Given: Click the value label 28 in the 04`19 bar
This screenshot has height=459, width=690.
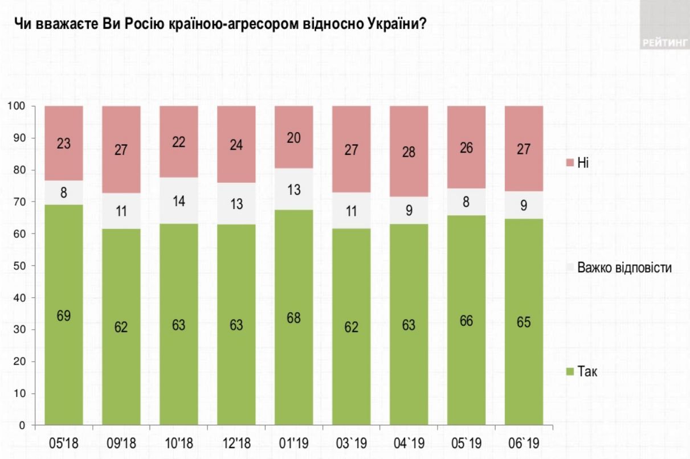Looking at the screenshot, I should click(x=408, y=152).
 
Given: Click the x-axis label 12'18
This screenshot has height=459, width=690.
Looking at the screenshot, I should click(x=236, y=442).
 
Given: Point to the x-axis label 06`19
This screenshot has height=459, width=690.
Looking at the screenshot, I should click(x=523, y=442).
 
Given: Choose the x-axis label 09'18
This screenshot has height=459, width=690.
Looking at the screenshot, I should click(x=121, y=442).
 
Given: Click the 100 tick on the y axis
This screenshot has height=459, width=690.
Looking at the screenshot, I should click(x=17, y=106).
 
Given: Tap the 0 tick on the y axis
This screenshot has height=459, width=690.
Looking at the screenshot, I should click(x=23, y=425).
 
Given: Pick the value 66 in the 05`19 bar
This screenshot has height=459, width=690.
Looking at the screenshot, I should click(x=466, y=321).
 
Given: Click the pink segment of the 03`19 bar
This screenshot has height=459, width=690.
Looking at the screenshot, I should click(x=351, y=150).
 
